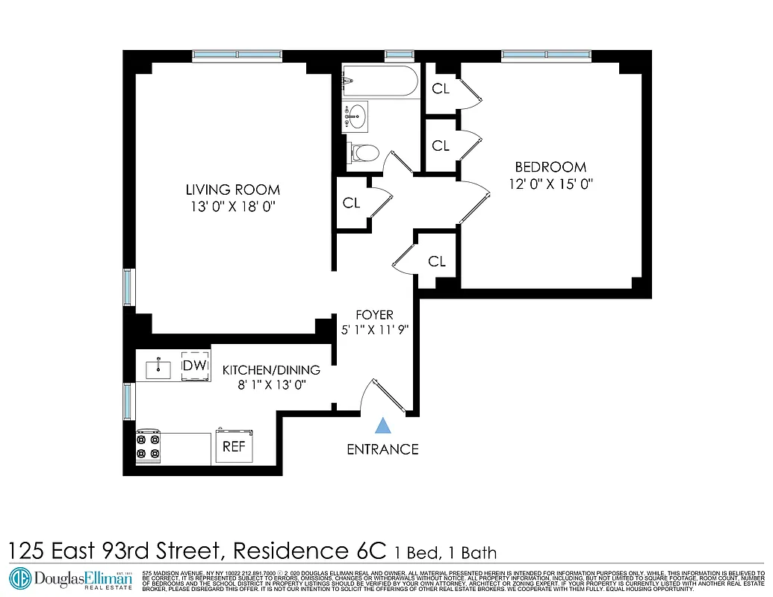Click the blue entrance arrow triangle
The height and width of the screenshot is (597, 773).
click(x=383, y=426)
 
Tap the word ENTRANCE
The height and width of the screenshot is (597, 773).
click(x=382, y=449)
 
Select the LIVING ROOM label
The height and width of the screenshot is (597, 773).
click(x=232, y=190)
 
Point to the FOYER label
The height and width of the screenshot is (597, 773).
click(x=374, y=315)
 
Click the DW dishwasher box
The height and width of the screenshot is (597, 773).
click(x=196, y=365)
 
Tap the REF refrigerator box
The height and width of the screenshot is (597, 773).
click(x=235, y=446)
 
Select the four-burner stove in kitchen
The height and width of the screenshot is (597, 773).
click(x=148, y=446)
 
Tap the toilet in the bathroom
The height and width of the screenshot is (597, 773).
click(x=364, y=154)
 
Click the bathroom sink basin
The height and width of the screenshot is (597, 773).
click(x=356, y=116)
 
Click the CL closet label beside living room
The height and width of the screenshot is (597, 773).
click(x=351, y=202)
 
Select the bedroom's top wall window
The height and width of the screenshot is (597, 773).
click(x=546, y=54)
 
